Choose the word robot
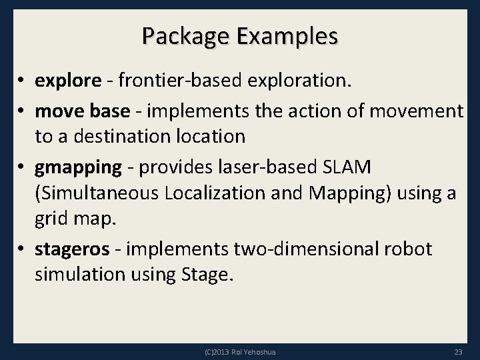[408, 249]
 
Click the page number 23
[458, 352]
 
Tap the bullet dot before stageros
[23, 250]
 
